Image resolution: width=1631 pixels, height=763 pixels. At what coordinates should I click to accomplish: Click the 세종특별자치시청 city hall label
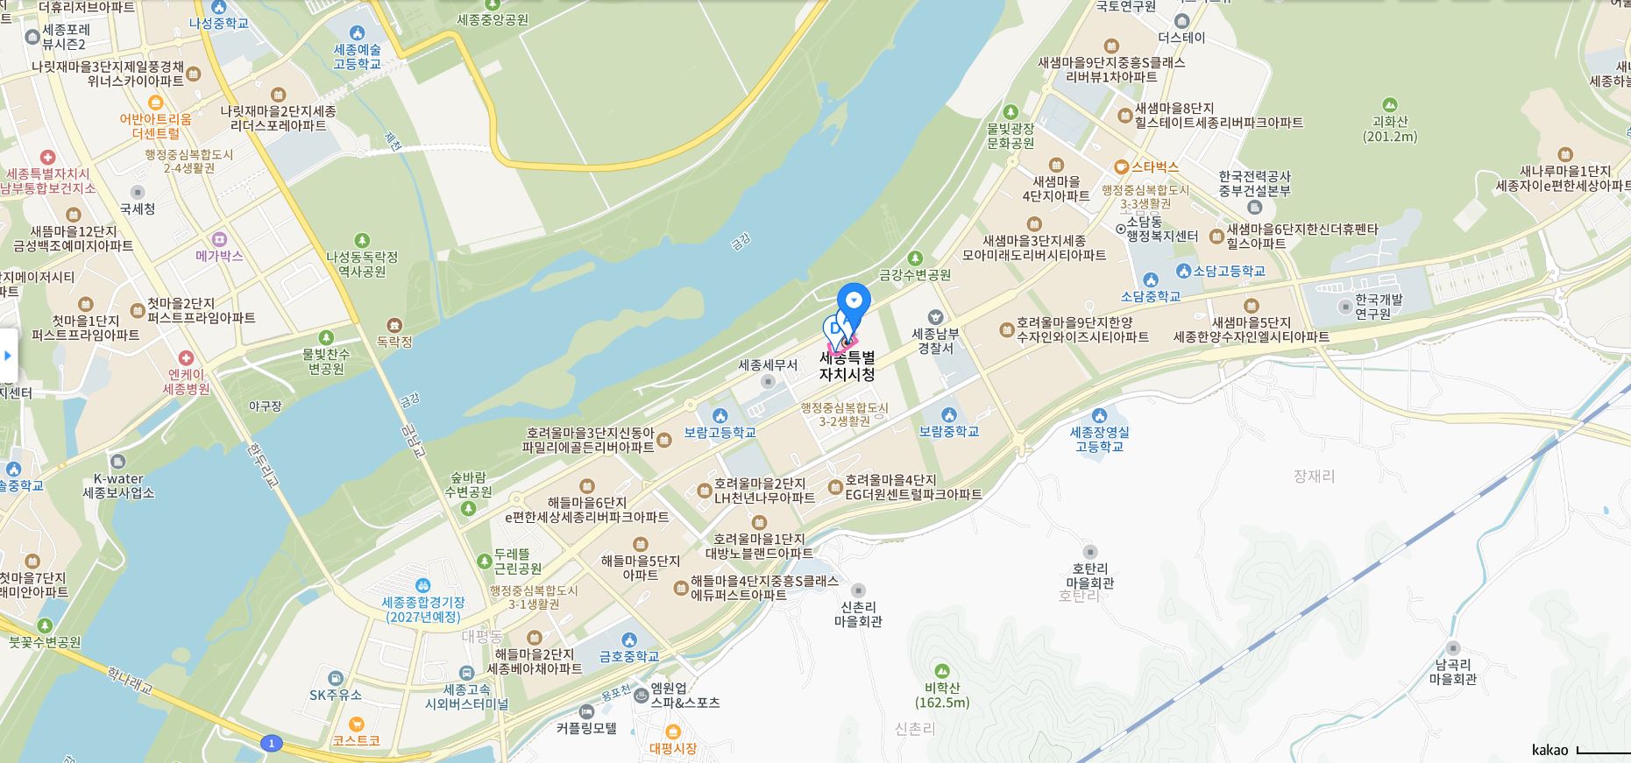[x=847, y=366]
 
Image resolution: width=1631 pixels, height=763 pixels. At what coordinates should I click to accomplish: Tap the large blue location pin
[x=853, y=301]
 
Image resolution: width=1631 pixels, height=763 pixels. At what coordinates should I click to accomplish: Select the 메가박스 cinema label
[x=219, y=255]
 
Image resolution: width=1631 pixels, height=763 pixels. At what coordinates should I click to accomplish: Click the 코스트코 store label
[x=356, y=740]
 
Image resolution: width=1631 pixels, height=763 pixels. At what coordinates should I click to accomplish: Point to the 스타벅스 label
[x=1154, y=166]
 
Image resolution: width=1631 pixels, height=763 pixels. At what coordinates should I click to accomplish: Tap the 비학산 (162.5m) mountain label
[x=941, y=695]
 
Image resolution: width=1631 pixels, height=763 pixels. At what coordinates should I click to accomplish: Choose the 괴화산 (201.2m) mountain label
[x=1389, y=129]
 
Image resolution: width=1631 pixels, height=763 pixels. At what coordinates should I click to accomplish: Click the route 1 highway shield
[x=272, y=744]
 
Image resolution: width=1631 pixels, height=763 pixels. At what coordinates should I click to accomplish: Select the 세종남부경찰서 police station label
[x=935, y=340]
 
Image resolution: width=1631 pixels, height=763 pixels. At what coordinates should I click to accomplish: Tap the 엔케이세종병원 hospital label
[x=186, y=381]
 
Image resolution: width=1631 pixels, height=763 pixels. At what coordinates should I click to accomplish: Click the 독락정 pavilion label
[x=394, y=342]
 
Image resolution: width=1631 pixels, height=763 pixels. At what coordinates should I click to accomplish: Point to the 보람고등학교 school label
[x=720, y=432]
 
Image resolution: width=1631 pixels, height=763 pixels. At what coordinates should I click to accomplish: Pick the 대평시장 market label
[x=673, y=748]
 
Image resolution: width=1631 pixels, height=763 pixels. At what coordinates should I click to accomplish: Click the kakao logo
[x=1549, y=750]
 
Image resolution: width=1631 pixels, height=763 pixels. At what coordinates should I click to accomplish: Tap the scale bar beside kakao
[x=1602, y=751]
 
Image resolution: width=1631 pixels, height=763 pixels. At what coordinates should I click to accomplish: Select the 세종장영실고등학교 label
[x=1099, y=439]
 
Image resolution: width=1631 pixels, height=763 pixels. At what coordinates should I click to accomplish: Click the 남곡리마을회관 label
[x=1452, y=671]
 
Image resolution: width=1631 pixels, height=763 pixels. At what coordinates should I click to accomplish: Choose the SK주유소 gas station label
[x=336, y=695]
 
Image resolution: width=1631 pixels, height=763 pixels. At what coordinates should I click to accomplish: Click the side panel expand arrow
[x=8, y=356]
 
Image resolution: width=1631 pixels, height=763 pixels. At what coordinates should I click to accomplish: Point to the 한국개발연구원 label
[x=1372, y=306]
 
